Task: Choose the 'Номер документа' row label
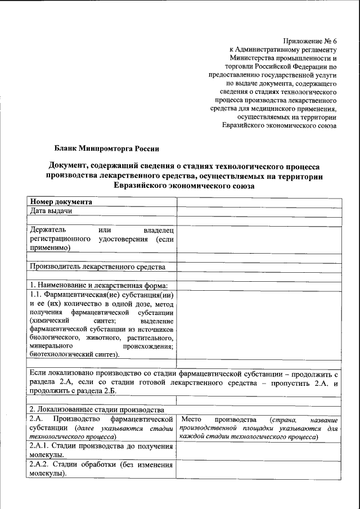click(61, 201)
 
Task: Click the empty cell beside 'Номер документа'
click(258, 201)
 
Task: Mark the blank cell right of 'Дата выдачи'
click(258, 211)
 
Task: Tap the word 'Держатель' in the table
click(48, 229)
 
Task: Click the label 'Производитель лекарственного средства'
click(97, 266)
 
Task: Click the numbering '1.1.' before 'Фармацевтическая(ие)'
click(36, 294)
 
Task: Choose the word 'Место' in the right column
click(192, 420)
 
